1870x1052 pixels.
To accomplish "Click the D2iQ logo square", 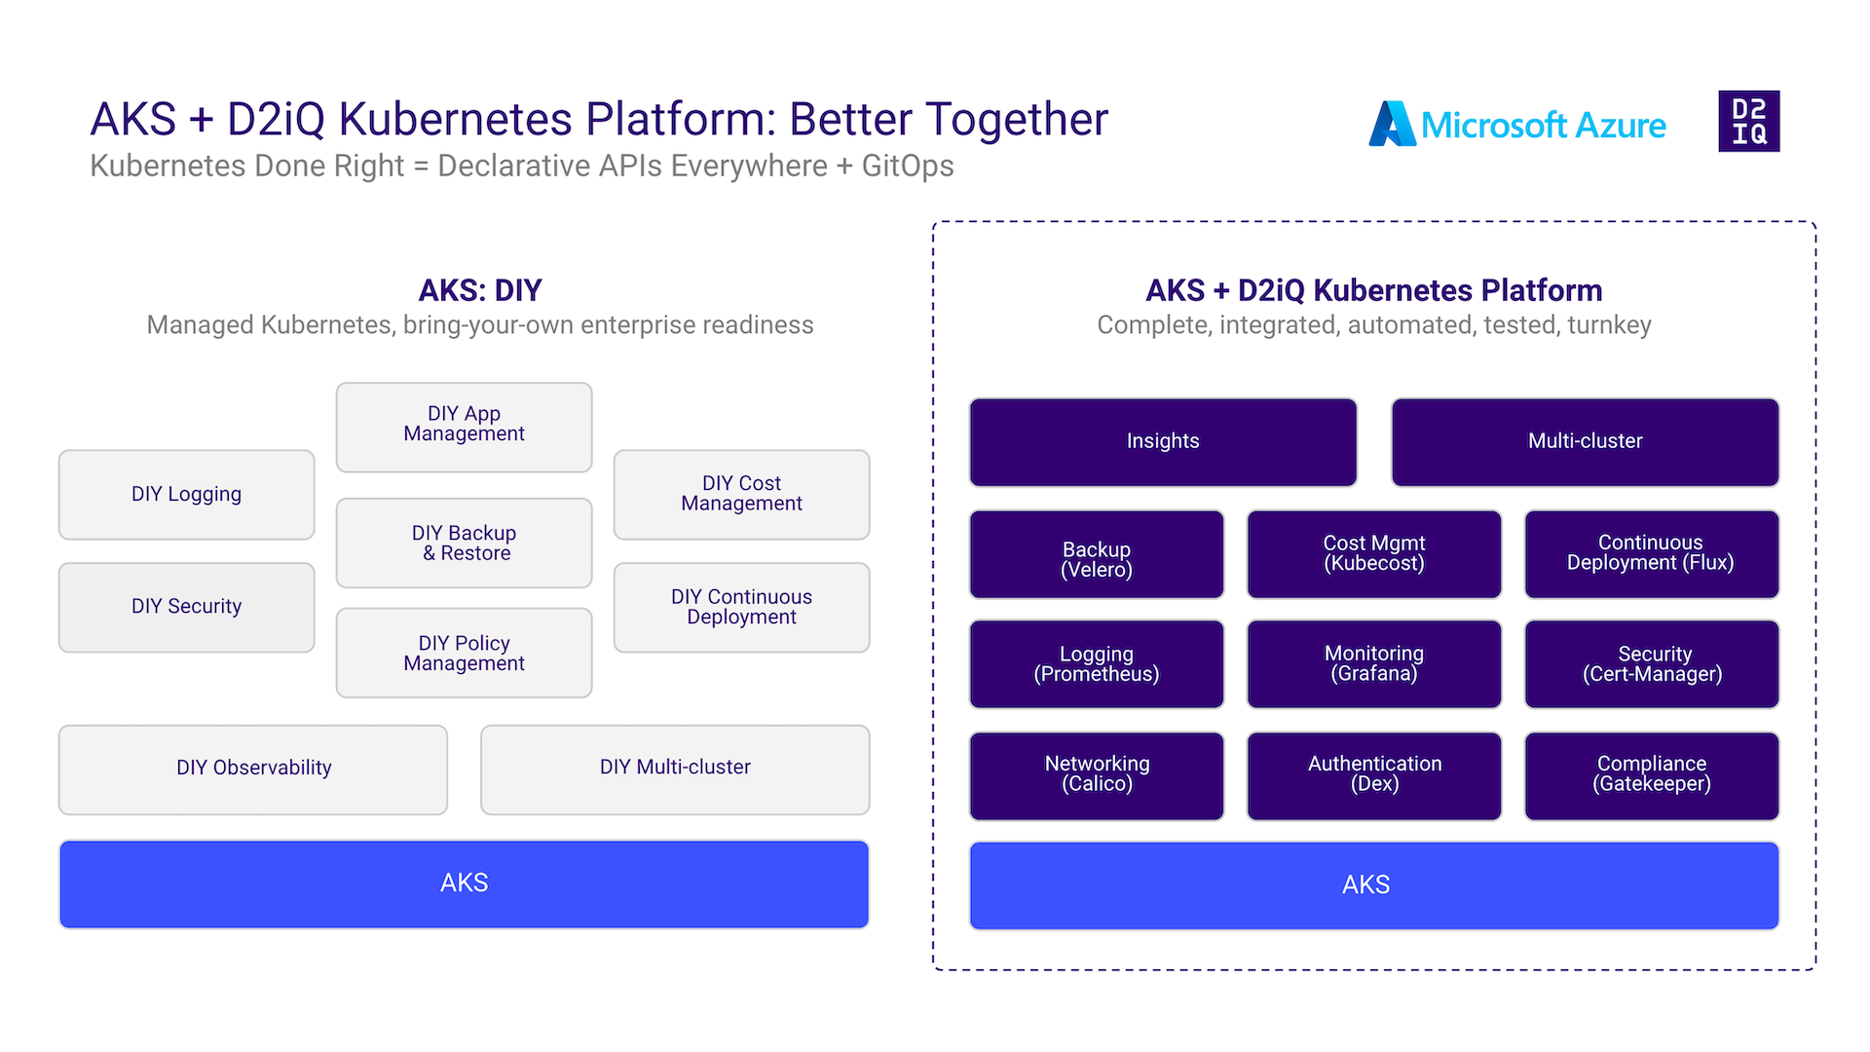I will tap(1748, 121).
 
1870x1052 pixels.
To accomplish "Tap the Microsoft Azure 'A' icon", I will tap(1391, 125).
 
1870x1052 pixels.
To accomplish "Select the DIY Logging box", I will tap(186, 495).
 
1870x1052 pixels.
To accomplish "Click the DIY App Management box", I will tap(464, 427).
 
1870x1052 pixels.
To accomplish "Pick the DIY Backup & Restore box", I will tap(464, 544).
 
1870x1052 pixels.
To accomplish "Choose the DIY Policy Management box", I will tap(464, 653).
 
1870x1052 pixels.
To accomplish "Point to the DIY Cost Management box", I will tap(741, 495).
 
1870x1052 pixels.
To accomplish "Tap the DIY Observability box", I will tap(253, 769).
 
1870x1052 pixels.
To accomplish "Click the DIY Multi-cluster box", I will tap(675, 769).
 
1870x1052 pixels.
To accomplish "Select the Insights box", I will tap(1163, 441).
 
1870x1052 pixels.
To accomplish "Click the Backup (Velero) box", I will tap(1097, 555).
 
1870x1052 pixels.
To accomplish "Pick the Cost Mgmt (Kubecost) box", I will tap(1373, 555).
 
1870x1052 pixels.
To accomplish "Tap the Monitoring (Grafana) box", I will tap(1373, 664).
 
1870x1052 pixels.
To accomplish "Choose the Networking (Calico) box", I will tap(1097, 776).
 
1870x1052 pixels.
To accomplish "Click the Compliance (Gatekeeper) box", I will tap(1652, 776).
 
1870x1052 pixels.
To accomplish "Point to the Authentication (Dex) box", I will tap(1373, 776).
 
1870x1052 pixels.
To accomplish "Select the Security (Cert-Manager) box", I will tap(1652, 664).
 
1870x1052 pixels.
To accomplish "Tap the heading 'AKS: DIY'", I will tap(479, 290).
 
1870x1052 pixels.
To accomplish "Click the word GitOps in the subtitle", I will tap(908, 167).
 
